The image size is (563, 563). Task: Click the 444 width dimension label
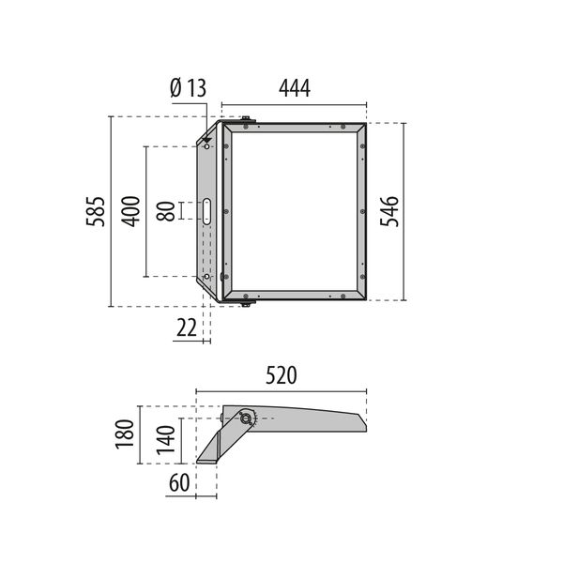[295, 88]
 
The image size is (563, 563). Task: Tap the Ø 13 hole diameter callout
[189, 88]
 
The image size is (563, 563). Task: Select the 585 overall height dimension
[96, 211]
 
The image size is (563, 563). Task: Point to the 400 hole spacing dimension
[130, 211]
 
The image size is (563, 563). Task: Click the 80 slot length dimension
[165, 211]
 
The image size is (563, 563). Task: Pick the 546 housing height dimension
[389, 211]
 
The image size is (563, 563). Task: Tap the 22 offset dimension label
[187, 327]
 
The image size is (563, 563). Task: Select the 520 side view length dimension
[281, 375]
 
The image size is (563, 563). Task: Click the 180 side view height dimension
[124, 434]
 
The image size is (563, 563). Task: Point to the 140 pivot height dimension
[165, 440]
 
